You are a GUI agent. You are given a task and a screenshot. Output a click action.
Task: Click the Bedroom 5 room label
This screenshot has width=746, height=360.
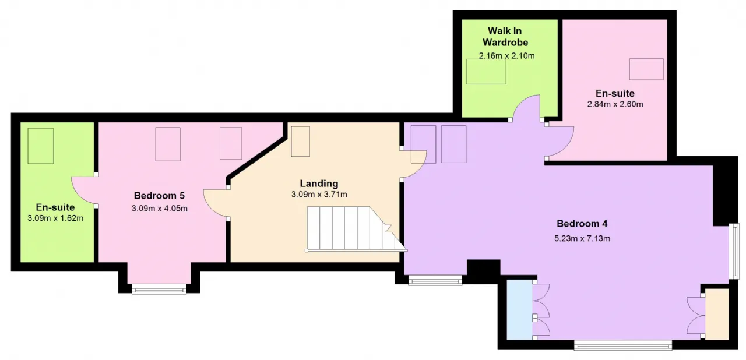[159, 195]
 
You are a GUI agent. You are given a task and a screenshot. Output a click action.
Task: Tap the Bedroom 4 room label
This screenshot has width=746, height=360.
[582, 223]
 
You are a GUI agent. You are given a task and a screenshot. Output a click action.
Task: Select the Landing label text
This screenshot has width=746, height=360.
[319, 183]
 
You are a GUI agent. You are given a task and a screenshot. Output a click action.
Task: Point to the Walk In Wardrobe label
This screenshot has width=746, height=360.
[505, 37]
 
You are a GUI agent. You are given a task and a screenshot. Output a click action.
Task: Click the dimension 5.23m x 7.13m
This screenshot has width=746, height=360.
[582, 238]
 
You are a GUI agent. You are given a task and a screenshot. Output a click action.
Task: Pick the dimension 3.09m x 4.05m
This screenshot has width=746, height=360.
[159, 209]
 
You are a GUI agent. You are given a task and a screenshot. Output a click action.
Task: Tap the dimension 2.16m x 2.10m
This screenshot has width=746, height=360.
[506, 56]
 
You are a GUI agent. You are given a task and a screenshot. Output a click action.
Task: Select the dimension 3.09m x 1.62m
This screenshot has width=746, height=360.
[55, 218]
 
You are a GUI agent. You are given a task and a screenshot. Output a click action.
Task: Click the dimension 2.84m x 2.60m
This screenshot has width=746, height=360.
[615, 104]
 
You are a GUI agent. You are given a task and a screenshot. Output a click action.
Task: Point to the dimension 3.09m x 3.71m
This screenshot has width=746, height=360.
[319, 195]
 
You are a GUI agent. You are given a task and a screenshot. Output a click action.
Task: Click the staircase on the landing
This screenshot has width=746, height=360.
[356, 229]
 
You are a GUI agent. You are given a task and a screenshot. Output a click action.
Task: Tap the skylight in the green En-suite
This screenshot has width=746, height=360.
[40, 146]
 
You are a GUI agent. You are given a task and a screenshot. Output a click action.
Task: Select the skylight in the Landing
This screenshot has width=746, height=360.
[300, 142]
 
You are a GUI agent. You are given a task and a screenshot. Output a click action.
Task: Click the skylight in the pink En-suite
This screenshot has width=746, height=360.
[646, 69]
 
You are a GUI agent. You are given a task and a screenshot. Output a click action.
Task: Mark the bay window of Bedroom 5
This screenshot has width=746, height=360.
[159, 289]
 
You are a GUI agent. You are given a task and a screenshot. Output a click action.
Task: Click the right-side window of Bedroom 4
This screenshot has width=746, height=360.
[734, 251]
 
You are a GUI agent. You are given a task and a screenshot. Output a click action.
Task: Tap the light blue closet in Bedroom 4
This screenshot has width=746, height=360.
[519, 310]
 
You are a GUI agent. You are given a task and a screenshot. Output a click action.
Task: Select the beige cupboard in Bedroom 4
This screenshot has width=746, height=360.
[717, 314]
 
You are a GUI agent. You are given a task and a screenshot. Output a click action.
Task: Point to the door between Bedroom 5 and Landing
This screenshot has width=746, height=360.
[216, 203]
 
